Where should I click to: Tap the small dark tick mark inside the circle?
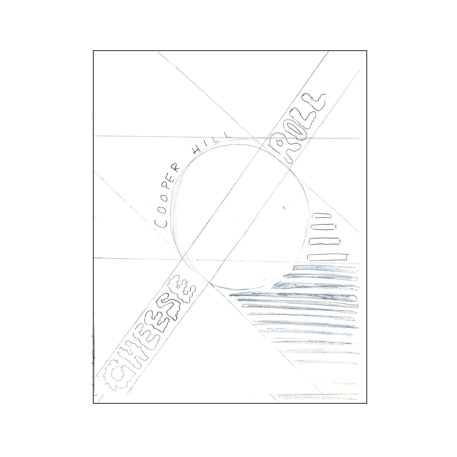tap(284, 208)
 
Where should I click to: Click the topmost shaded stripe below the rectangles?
tap(326, 268)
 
